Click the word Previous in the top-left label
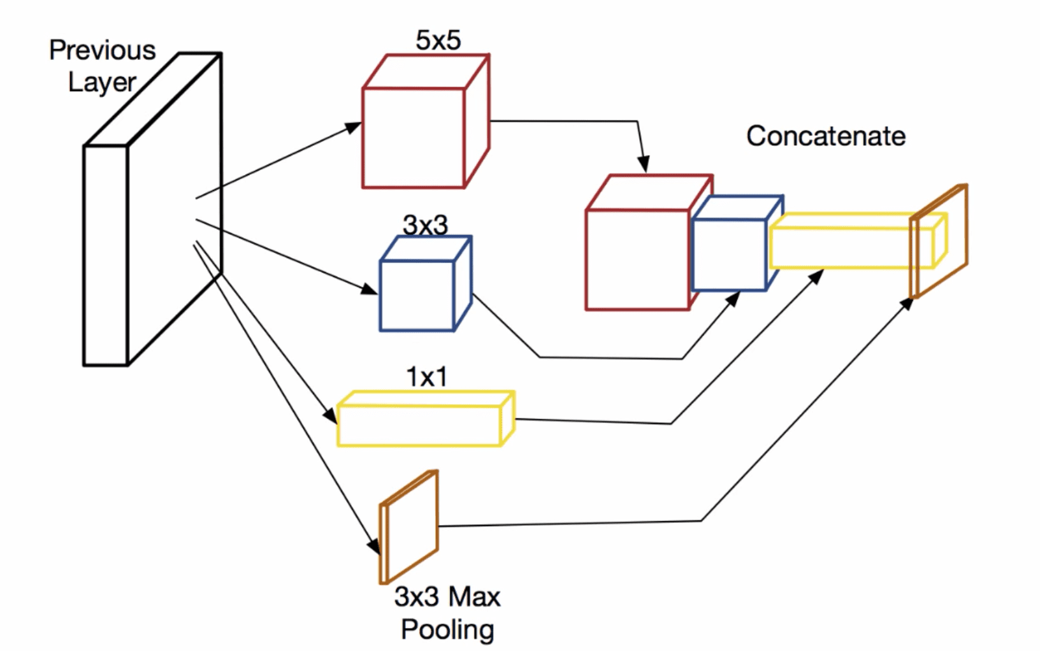tap(102, 50)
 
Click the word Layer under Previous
tap(102, 82)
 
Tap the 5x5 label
tap(438, 41)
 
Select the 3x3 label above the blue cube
tap(425, 225)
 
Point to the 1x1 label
tap(426, 377)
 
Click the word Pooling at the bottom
tap(447, 629)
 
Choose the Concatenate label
tap(826, 136)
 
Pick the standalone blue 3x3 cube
tap(417, 295)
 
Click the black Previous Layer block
tap(106, 255)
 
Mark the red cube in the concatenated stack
tap(637, 259)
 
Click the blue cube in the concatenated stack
tap(729, 255)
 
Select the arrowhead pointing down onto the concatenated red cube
tap(644, 166)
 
